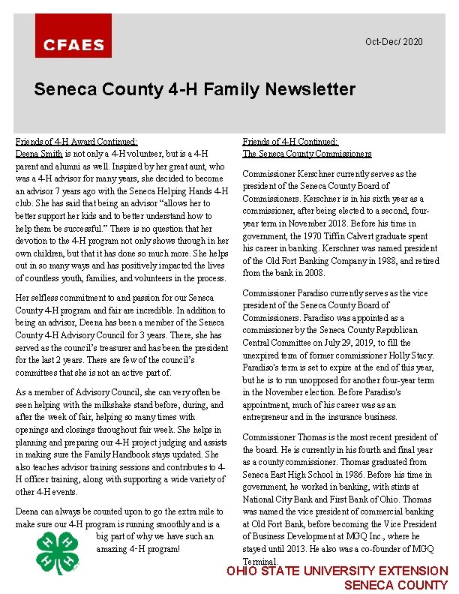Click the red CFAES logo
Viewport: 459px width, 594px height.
pos(73,36)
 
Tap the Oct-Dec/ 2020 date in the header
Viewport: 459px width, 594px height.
pos(394,41)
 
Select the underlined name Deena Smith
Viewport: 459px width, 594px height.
pos(40,153)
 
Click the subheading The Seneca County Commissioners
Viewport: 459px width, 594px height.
pos(307,154)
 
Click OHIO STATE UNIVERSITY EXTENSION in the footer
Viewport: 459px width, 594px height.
pos(337,571)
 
